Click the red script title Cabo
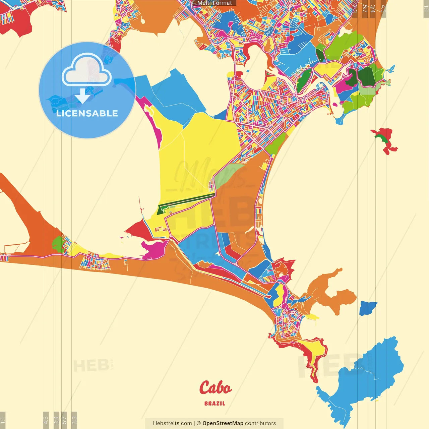(x=215, y=388)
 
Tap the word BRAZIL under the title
(x=215, y=404)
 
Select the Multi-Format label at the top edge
(x=214, y=3)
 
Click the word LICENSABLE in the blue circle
(x=87, y=113)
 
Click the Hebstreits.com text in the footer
(x=172, y=423)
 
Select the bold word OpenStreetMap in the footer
(x=223, y=423)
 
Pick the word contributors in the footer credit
(x=260, y=423)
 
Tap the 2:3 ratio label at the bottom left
(x=74, y=420)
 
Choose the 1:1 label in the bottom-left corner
(x=3, y=420)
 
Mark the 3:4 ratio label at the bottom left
(x=56, y=420)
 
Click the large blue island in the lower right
(x=365, y=379)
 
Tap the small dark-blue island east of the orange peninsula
(x=368, y=308)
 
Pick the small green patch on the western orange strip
(x=58, y=244)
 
